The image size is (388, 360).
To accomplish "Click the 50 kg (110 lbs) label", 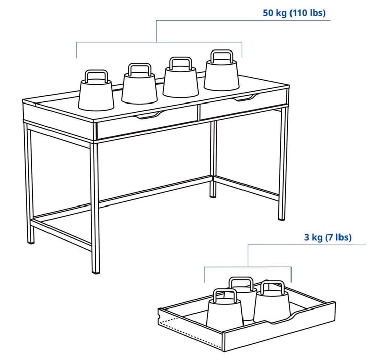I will point(294,13).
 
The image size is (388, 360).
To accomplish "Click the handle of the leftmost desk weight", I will point(96,76).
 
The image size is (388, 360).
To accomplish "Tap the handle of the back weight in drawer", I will point(241,283).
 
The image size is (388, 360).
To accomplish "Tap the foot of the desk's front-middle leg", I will point(95,271).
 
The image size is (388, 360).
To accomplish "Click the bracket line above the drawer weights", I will point(248,267).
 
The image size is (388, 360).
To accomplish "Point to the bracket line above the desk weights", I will point(157,42).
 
